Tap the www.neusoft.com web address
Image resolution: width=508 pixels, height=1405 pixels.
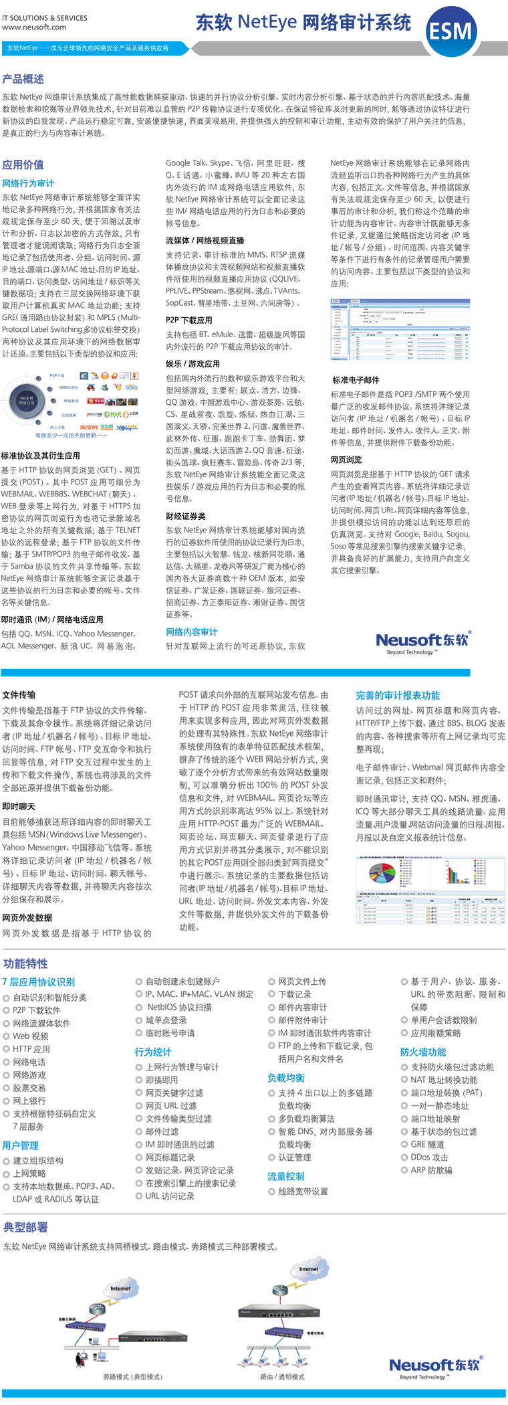click(34, 27)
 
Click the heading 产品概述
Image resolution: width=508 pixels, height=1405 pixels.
click(23, 79)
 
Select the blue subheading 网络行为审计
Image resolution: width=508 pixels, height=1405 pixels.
click(28, 183)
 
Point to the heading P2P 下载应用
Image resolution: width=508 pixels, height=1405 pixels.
click(188, 320)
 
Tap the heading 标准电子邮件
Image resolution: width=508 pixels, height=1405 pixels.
click(356, 380)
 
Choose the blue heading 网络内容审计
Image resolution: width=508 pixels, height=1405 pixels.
click(191, 632)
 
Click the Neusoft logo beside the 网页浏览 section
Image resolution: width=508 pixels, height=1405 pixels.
click(423, 642)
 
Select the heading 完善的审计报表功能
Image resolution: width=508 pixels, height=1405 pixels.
click(398, 696)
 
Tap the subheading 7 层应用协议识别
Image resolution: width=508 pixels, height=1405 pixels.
click(38, 982)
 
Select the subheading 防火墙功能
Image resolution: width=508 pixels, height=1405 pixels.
click(423, 1052)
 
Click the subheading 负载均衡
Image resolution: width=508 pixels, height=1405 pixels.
click(286, 1078)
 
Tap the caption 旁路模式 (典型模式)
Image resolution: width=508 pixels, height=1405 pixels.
click(132, 1377)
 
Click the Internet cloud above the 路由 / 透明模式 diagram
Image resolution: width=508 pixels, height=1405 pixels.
click(308, 1269)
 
